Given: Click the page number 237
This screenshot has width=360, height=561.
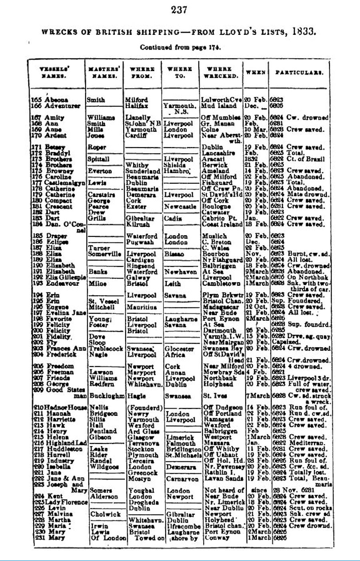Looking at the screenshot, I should (179, 10).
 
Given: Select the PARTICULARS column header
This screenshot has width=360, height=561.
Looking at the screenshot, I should (299, 72).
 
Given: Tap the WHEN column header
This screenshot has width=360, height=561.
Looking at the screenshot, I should (255, 72).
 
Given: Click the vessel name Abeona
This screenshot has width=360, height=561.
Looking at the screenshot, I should (56, 100).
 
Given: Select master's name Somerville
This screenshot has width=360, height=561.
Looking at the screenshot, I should (104, 254).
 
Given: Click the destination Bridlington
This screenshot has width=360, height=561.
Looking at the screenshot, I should (182, 449).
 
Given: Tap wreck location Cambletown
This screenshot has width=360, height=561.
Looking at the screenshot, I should (221, 284).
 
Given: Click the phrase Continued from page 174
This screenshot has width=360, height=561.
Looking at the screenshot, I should (180, 47).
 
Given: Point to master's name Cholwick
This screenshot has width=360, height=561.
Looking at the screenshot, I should (105, 514).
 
